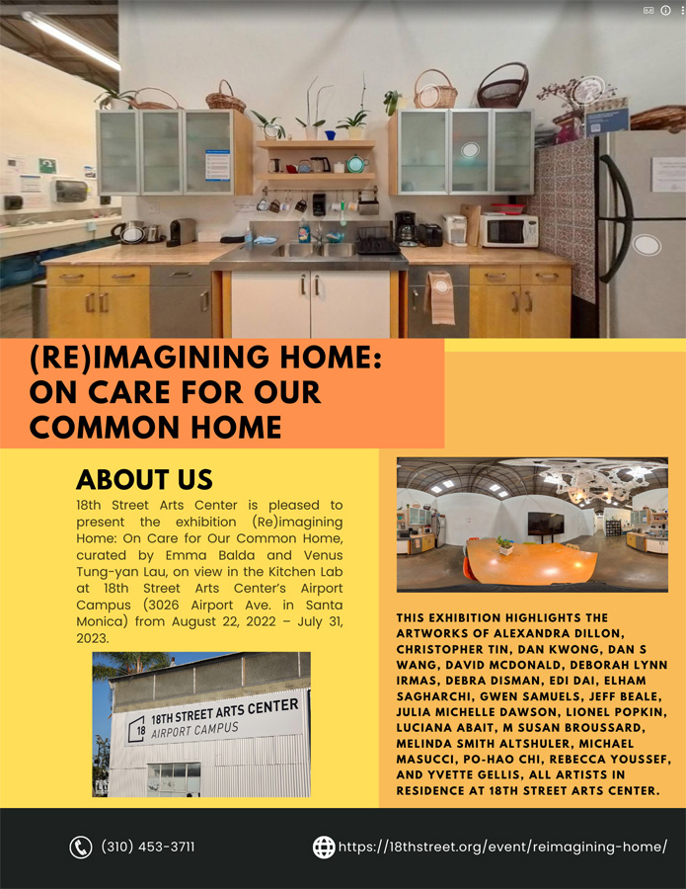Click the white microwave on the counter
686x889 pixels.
[x=509, y=231]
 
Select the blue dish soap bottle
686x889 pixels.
[x=304, y=231]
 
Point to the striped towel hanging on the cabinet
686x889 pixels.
[x=440, y=297]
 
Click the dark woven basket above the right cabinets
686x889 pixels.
[x=502, y=86]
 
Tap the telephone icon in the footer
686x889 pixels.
[x=80, y=848]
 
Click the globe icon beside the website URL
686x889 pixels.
[x=324, y=848]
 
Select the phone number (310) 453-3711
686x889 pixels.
[x=148, y=847]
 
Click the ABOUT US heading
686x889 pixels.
[x=144, y=480]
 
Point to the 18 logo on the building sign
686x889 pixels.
[x=137, y=729]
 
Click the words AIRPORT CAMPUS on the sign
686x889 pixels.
[x=194, y=730]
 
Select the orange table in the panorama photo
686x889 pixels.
[x=531, y=562]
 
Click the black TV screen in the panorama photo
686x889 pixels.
[x=546, y=524]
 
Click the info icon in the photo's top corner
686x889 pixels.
[x=665, y=10]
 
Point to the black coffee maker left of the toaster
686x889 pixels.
[x=405, y=228]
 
